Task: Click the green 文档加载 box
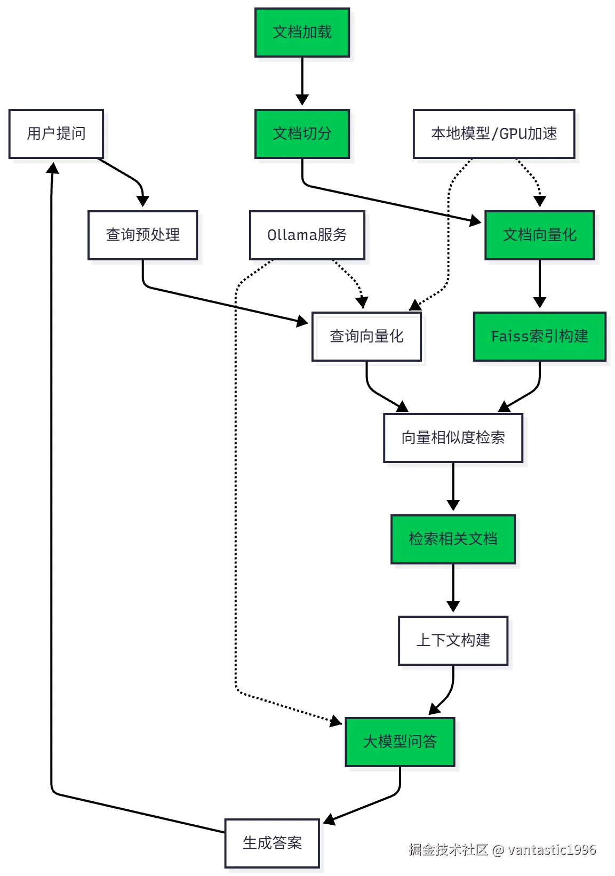coord(302,33)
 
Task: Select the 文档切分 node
coord(302,134)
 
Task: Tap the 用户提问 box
coord(56,134)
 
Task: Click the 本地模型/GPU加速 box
coord(494,134)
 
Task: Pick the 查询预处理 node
coord(142,235)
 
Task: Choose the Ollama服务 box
coord(307,235)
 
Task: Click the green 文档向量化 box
coord(539,235)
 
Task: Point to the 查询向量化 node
coord(366,337)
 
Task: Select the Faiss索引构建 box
coord(539,337)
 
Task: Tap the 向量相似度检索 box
coord(453,438)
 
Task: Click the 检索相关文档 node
coord(453,539)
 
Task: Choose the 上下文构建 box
coord(453,641)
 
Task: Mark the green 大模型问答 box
coord(400,742)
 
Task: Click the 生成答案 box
coord(272,843)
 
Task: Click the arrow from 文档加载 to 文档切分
coord(302,80)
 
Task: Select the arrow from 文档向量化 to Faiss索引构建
coord(539,283)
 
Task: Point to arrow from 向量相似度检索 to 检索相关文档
coord(453,485)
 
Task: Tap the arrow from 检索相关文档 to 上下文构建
coord(453,587)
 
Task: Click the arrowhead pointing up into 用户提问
coord(52,169)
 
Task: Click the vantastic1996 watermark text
coord(552,850)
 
